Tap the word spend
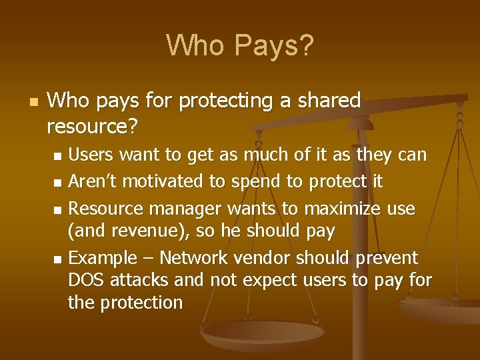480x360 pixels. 253,181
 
